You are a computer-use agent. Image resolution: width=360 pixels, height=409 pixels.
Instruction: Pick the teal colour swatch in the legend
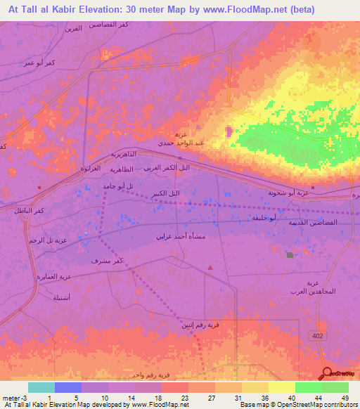(x=41, y=387)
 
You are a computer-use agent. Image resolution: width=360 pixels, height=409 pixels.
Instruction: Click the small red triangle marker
(x=210, y=267)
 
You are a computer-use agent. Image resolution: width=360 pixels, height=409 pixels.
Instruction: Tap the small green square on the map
(x=289, y=254)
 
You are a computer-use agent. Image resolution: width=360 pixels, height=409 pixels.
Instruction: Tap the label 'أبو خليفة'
(x=264, y=219)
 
